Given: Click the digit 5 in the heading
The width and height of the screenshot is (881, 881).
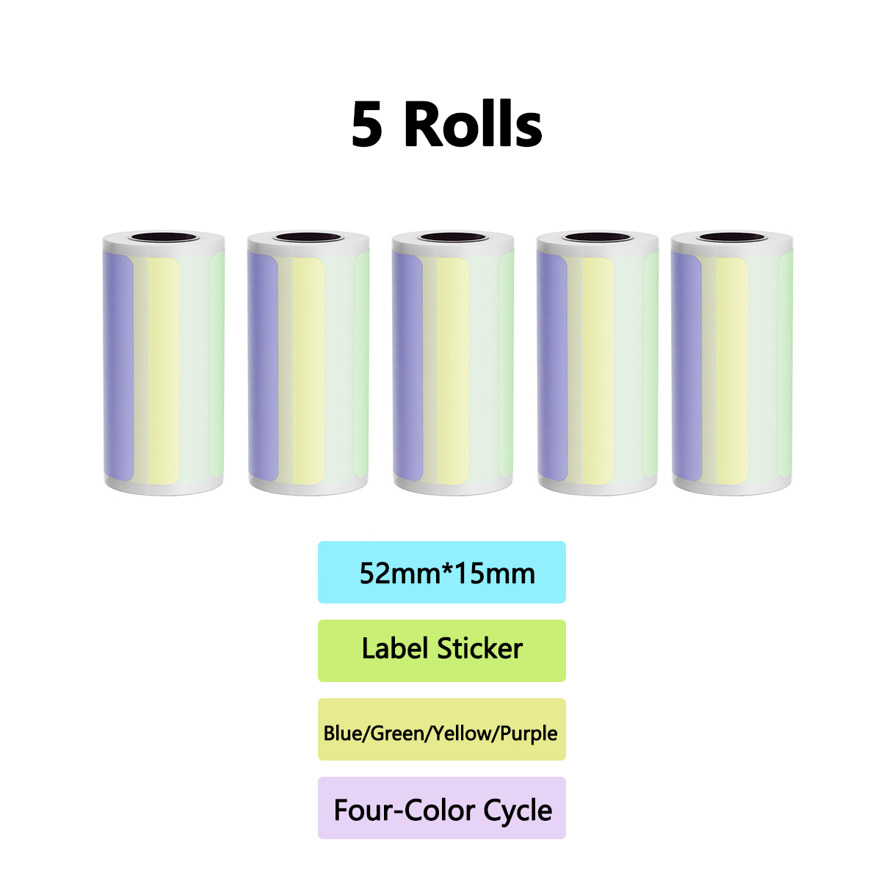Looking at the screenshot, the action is click(366, 124).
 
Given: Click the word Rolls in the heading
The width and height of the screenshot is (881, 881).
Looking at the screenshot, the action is click(474, 123).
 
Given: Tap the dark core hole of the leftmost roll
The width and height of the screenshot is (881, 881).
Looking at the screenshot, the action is click(164, 237).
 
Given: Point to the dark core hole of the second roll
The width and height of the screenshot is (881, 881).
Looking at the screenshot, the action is click(308, 237).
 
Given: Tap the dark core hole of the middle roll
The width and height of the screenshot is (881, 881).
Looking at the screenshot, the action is click(453, 237).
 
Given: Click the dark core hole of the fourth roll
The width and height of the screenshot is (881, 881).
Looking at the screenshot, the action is click(598, 237).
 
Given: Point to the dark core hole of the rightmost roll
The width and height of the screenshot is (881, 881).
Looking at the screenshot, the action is click(732, 237).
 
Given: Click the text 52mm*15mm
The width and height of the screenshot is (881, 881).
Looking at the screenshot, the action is click(447, 573).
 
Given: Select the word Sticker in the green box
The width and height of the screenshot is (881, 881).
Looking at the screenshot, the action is click(480, 649).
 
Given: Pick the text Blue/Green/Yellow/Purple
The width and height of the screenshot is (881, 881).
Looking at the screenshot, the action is click(440, 733).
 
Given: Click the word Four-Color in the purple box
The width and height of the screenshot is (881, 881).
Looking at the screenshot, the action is click(405, 811).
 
